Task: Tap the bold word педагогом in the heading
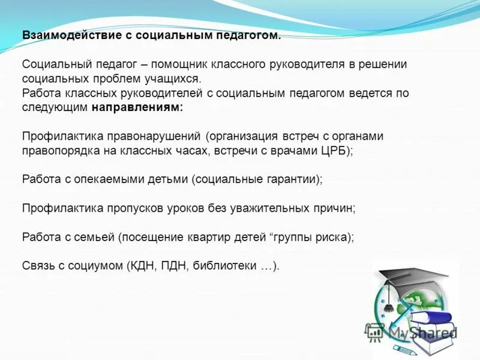pos(250,35)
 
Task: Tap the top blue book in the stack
pos(431,319)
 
